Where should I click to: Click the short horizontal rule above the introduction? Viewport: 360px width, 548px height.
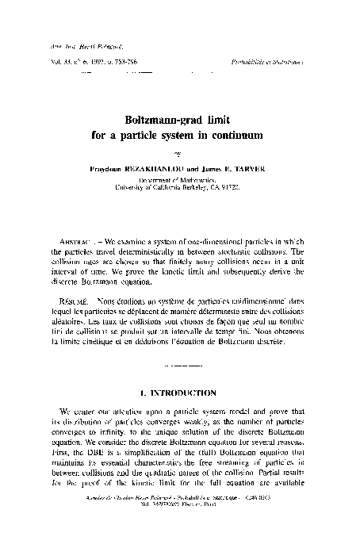pos(179,367)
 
